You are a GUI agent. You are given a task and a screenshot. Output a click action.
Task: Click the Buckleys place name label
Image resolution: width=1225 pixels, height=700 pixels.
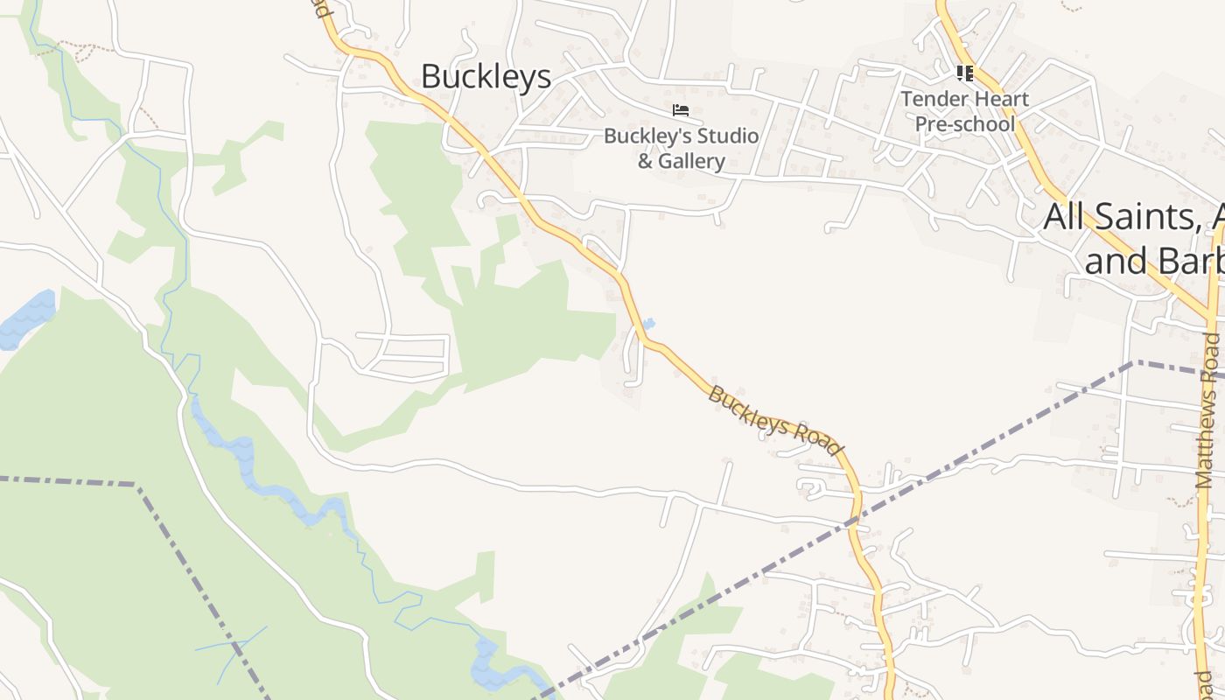(x=486, y=76)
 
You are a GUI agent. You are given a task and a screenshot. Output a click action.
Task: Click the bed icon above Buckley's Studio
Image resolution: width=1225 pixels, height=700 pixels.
(x=681, y=110)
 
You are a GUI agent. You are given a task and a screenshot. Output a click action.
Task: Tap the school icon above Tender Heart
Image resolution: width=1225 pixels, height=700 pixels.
(x=965, y=73)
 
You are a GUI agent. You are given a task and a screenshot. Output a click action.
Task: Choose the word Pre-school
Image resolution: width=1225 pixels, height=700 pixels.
(x=965, y=123)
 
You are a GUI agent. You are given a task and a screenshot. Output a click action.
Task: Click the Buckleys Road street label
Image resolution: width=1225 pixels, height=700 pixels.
(x=773, y=421)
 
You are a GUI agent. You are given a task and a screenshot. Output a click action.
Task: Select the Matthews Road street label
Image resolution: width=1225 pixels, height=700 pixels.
(x=1208, y=411)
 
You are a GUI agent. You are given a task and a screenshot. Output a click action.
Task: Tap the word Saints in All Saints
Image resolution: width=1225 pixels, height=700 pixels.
(x=1147, y=216)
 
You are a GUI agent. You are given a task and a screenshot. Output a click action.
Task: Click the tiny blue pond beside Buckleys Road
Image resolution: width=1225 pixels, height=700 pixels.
(x=648, y=325)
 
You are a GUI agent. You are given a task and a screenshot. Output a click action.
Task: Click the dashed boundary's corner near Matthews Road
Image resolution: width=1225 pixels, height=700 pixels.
(x=1132, y=362)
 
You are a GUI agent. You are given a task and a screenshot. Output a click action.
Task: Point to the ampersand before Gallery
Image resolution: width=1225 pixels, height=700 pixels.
(x=645, y=161)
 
